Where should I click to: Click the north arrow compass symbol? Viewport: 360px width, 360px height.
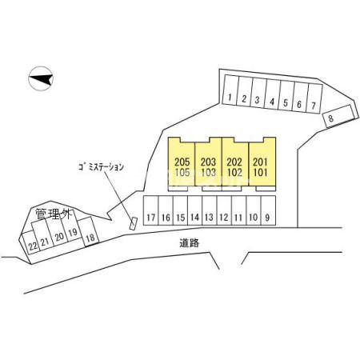click(x=41, y=78)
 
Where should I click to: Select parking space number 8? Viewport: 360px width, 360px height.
click(x=340, y=116)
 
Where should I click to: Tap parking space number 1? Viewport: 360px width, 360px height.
click(x=230, y=90)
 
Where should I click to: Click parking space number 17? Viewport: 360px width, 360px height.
click(x=151, y=210)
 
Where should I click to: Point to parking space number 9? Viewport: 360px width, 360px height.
click(x=268, y=210)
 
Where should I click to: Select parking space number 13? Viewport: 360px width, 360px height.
click(x=210, y=210)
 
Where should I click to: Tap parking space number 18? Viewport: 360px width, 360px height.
click(x=89, y=231)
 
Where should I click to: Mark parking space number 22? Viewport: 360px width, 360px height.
click(x=30, y=243)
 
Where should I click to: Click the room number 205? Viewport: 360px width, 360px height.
click(x=182, y=162)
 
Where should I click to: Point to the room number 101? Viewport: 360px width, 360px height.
click(x=260, y=172)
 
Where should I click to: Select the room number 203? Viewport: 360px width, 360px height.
click(x=208, y=162)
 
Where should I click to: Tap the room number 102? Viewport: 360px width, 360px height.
click(x=234, y=172)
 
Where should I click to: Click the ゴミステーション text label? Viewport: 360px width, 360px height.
click(x=101, y=167)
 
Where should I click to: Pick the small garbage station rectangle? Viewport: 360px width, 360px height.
click(x=133, y=223)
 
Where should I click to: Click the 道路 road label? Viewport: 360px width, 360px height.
click(x=189, y=242)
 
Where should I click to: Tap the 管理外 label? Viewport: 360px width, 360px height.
click(x=54, y=214)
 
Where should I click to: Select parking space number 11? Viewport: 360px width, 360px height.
click(x=238, y=210)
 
